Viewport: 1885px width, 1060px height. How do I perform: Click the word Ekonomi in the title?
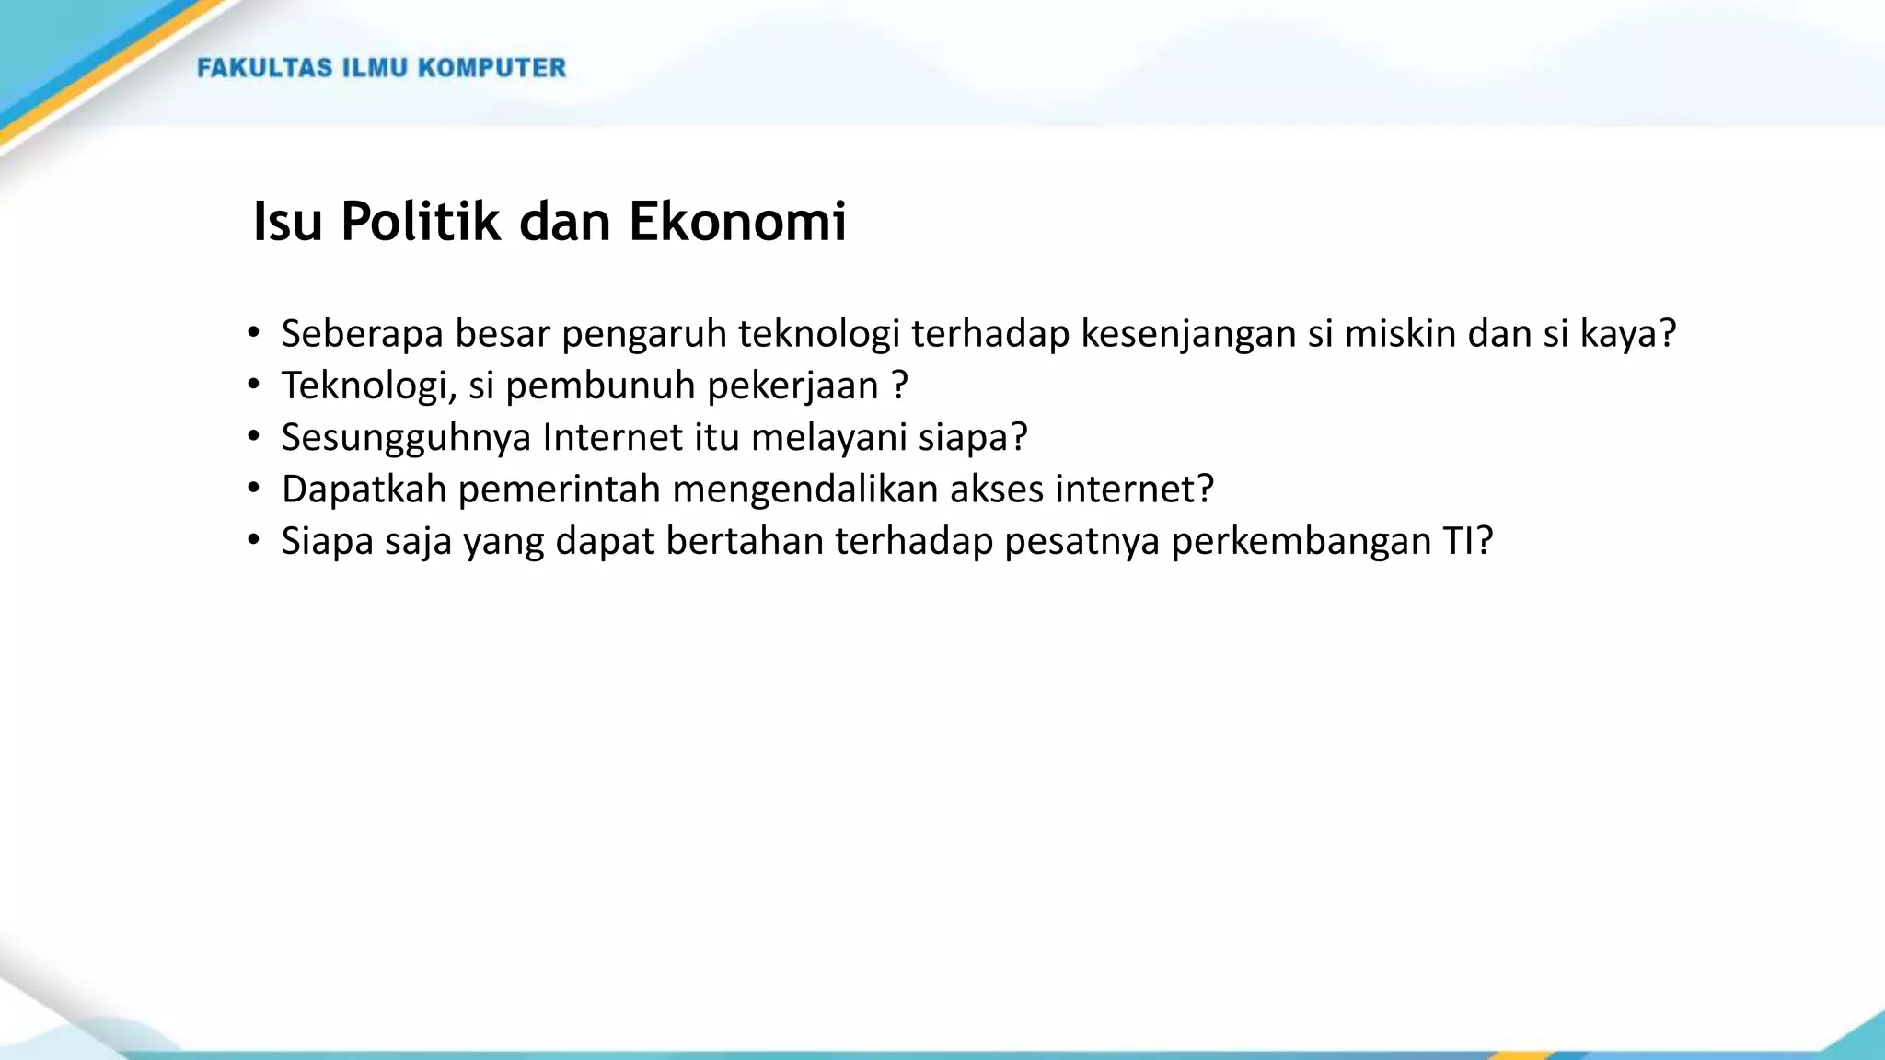(737, 222)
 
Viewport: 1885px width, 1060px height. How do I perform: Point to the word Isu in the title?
(287, 222)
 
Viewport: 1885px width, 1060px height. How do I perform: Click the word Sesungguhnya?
(406, 437)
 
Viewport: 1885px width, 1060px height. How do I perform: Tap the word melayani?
(829, 437)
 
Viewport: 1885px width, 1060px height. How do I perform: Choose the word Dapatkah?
(364, 490)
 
